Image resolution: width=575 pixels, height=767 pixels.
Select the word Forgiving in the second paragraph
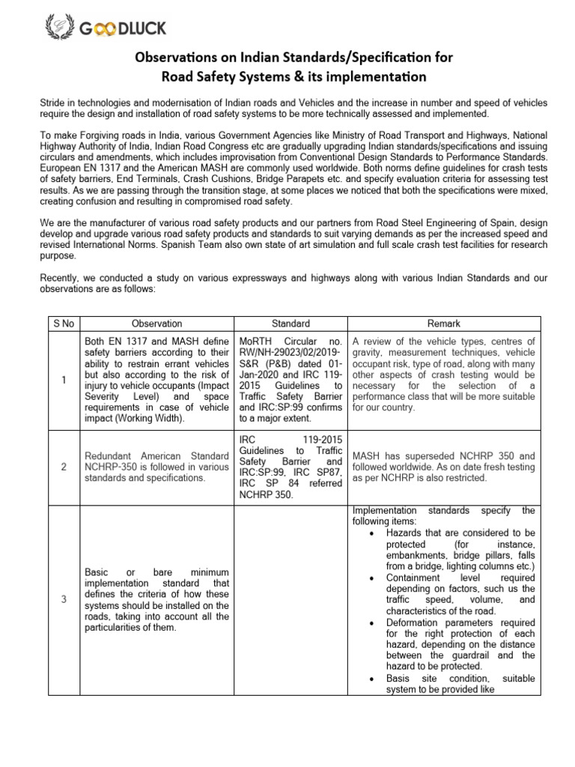tap(94, 136)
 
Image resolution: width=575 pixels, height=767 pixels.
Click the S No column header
tap(61, 324)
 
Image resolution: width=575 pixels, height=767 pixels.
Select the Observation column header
tap(156, 324)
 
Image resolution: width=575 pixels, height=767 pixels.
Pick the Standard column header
tap(290, 324)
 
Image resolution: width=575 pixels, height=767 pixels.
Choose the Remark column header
tap(443, 324)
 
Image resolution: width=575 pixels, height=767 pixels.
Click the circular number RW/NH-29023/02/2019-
tap(289, 353)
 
